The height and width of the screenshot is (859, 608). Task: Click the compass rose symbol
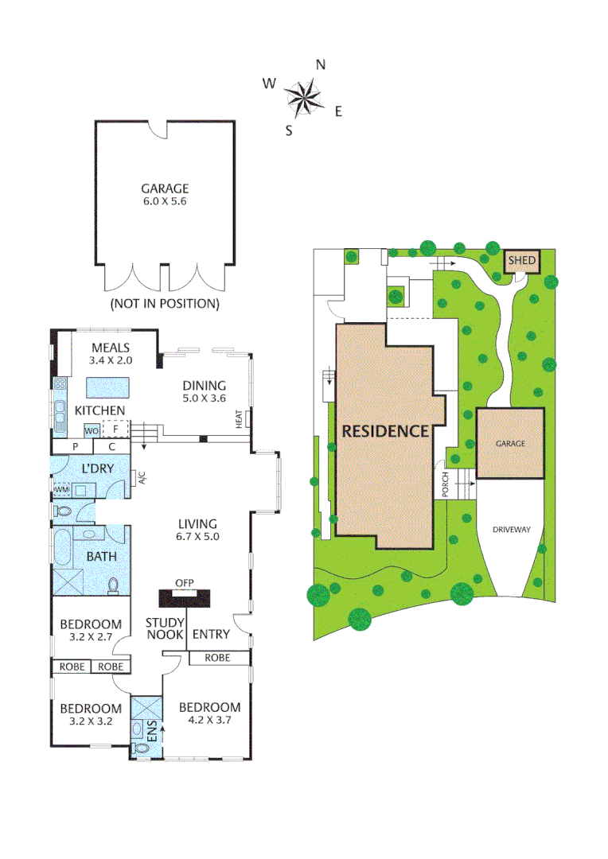point(304,98)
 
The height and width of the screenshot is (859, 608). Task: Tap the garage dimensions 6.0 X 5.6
point(165,201)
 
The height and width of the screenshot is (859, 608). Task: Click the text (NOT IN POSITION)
point(165,303)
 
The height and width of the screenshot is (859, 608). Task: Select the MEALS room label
point(111,348)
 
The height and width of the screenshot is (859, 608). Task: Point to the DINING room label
point(204,386)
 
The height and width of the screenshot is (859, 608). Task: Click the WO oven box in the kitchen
point(92,430)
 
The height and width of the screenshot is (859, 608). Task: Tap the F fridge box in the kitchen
point(116,429)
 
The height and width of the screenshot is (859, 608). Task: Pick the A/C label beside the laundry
point(142,478)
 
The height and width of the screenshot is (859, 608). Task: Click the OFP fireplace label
point(185,582)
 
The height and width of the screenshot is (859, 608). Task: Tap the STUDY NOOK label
point(165,628)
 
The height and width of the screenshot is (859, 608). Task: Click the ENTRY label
point(211,634)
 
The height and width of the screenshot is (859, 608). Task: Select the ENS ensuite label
point(153,730)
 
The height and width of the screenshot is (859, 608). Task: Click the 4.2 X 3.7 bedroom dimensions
point(209,721)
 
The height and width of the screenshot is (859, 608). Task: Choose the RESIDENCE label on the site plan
point(386,432)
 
